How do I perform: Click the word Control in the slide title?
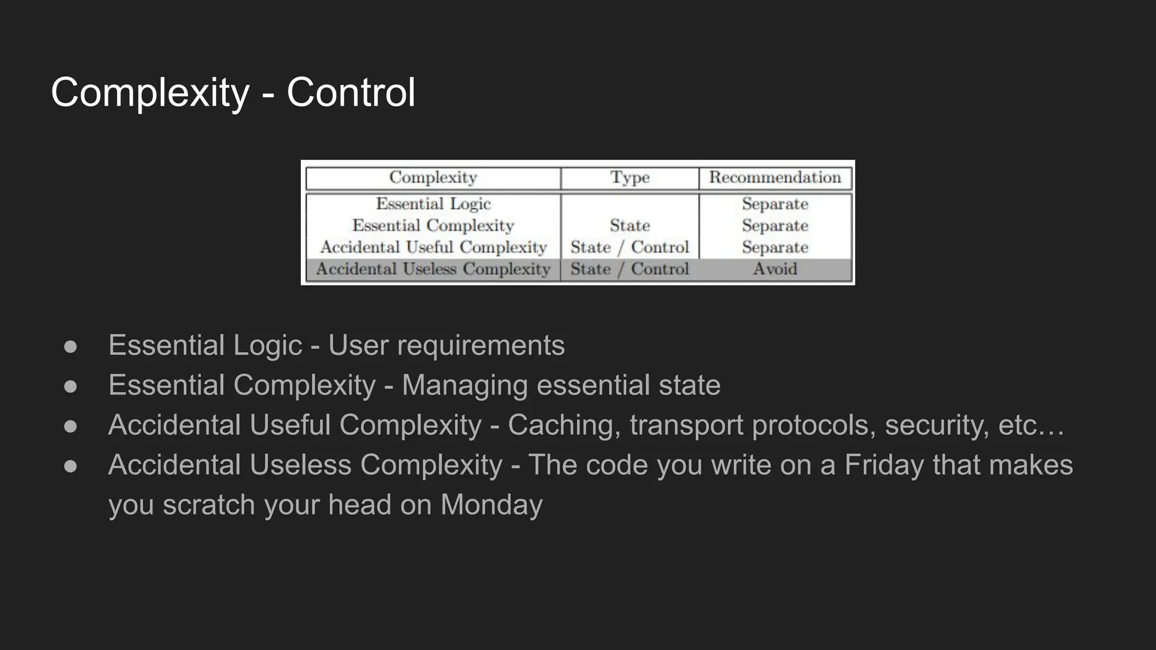tap(351, 93)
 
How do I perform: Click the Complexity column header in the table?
tap(433, 178)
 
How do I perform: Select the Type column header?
tap(629, 178)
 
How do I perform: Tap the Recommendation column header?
tap(775, 178)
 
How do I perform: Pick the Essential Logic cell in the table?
tap(433, 204)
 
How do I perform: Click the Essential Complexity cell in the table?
tap(433, 226)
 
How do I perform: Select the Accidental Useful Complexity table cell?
tap(433, 247)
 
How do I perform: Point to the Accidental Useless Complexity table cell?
tap(433, 269)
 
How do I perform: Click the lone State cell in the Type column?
tap(629, 226)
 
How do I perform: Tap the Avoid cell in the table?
tap(775, 269)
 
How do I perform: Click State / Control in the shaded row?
tap(629, 269)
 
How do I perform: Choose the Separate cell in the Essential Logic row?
tap(775, 204)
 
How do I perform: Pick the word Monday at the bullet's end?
tap(491, 505)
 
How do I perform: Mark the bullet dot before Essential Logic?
tap(71, 346)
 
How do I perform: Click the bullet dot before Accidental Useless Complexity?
tap(71, 466)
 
